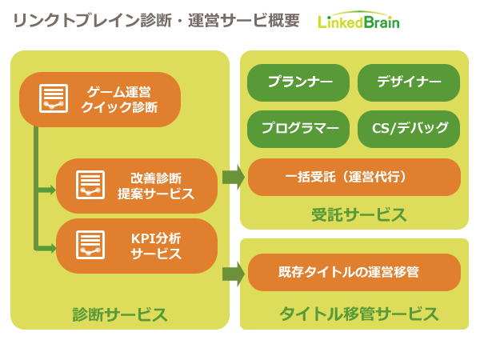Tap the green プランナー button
point(298,82)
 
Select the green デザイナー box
point(409,82)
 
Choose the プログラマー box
point(298,129)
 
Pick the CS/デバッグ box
point(409,129)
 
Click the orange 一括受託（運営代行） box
point(354,177)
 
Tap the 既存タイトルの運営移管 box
point(354,272)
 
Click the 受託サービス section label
point(358,215)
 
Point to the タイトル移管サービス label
point(358,314)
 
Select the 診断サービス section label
point(120,314)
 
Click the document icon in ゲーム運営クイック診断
point(54,98)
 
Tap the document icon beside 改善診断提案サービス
point(90,185)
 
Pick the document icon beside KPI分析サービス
point(90,245)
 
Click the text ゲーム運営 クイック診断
point(119,99)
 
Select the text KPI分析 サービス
point(156,246)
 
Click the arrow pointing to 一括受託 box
point(234,177)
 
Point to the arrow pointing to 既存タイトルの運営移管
point(234,274)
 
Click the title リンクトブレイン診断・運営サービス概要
point(156,21)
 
